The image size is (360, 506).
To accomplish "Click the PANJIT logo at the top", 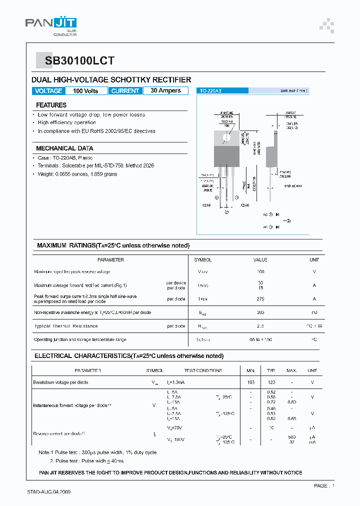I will [x=50, y=24].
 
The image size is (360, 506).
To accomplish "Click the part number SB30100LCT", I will [x=79, y=61].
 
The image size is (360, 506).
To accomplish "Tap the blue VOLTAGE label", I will [x=48, y=91].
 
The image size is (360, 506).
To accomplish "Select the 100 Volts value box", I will [x=85, y=91].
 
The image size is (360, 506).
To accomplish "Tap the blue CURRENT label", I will [x=125, y=91].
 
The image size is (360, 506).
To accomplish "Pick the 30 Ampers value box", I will [x=165, y=91].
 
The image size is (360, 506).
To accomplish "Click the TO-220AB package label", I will [x=210, y=91].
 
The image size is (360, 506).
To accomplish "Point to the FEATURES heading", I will [x=51, y=105].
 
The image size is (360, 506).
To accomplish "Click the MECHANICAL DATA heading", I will [x=64, y=148].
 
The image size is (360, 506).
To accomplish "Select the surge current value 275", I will [x=260, y=299].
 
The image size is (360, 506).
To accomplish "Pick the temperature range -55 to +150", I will [x=260, y=340].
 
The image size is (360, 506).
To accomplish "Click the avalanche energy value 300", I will [x=260, y=312].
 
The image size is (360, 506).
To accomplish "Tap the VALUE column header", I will [x=260, y=260].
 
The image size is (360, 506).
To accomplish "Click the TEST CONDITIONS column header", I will [x=203, y=371].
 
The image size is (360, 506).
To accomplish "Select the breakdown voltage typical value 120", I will [x=271, y=382].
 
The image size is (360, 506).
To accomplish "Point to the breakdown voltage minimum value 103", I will [x=250, y=382].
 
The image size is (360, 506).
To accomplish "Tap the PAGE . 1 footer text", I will [x=324, y=486].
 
